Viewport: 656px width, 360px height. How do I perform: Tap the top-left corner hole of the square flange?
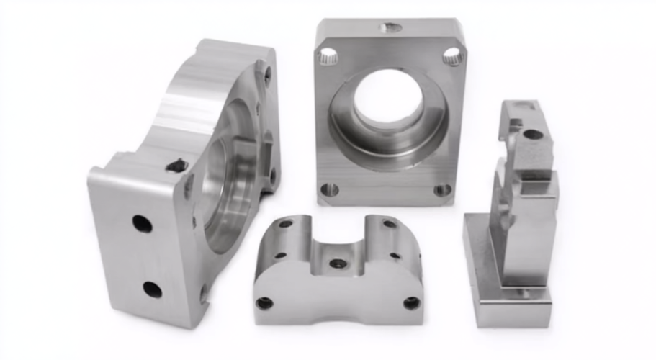[x=328, y=55]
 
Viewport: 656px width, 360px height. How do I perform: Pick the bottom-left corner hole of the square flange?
[x=329, y=190]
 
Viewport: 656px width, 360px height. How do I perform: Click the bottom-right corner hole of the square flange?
[x=443, y=190]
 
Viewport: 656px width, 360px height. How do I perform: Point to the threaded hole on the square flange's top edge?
[x=390, y=28]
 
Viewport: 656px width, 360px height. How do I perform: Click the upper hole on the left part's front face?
[x=142, y=224]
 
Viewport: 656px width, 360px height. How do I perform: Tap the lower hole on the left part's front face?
[x=152, y=289]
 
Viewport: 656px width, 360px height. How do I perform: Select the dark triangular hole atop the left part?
[x=177, y=166]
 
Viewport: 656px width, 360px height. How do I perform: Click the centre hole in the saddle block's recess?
[x=337, y=264]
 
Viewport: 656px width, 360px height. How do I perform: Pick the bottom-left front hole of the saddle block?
[x=264, y=303]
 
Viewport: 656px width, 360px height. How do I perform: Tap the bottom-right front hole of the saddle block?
[x=411, y=303]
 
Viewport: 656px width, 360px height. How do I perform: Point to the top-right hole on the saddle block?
[x=390, y=224]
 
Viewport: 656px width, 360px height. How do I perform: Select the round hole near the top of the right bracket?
[x=532, y=134]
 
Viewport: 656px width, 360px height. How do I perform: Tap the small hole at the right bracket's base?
[x=524, y=294]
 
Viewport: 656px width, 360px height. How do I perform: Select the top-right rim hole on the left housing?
[x=267, y=72]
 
